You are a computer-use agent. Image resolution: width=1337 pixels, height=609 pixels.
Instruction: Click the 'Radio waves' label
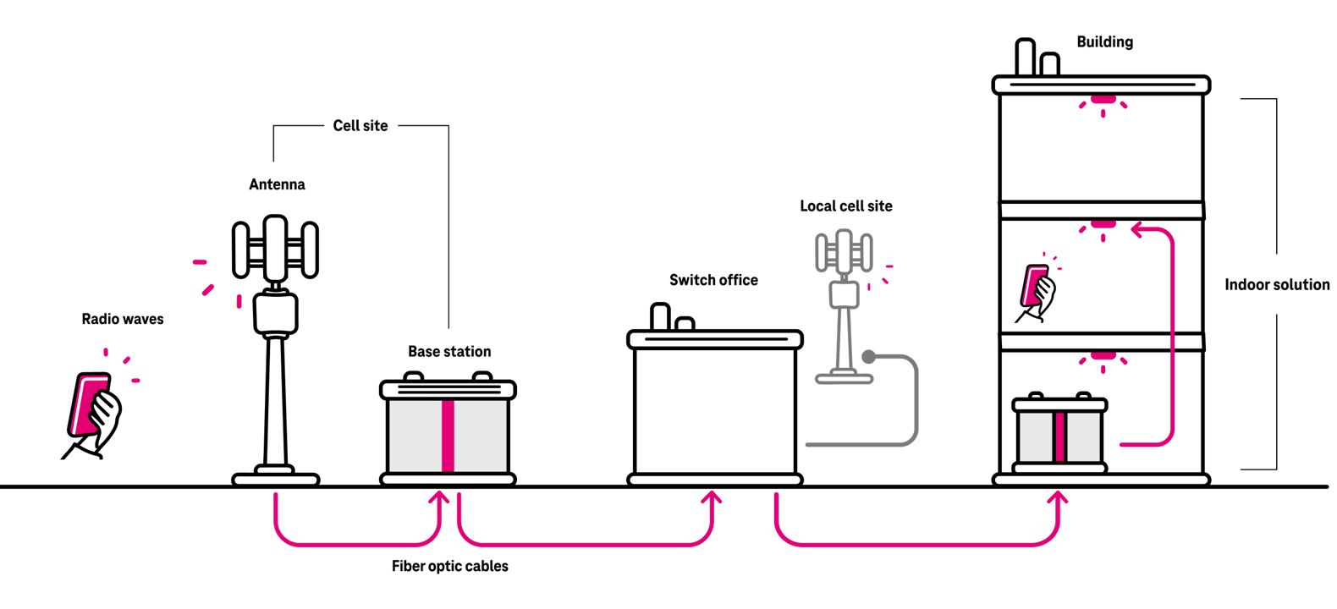pos(123,319)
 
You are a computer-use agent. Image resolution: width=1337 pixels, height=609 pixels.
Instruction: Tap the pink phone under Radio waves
pos(87,404)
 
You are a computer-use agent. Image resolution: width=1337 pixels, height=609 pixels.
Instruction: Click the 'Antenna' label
pos(277,184)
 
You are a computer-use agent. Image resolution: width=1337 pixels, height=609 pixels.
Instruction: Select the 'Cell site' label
pos(360,125)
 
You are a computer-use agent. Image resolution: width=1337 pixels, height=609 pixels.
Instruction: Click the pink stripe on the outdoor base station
pos(448,436)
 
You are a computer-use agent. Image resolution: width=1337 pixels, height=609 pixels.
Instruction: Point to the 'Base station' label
pos(449,351)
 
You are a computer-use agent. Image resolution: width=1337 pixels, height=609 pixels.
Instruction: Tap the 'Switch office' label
pos(713,280)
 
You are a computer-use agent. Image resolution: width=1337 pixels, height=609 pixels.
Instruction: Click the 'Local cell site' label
pos(846,206)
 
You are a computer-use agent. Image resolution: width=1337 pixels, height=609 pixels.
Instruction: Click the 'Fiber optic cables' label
pos(450,566)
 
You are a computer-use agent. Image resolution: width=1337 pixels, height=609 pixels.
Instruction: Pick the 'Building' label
pos(1104,41)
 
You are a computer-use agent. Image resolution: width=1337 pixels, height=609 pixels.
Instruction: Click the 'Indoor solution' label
pos(1277,284)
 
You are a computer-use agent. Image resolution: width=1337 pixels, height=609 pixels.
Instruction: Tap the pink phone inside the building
pos(1034,288)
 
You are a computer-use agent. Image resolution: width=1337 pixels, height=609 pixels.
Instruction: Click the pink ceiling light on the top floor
pos(1103,100)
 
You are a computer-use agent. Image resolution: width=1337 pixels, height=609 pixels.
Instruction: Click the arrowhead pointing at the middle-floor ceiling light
pos(1139,228)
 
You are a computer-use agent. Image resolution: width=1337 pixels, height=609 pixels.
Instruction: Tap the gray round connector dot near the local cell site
pos(869,356)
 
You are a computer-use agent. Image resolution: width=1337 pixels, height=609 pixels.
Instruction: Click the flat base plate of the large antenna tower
pos(276,479)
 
